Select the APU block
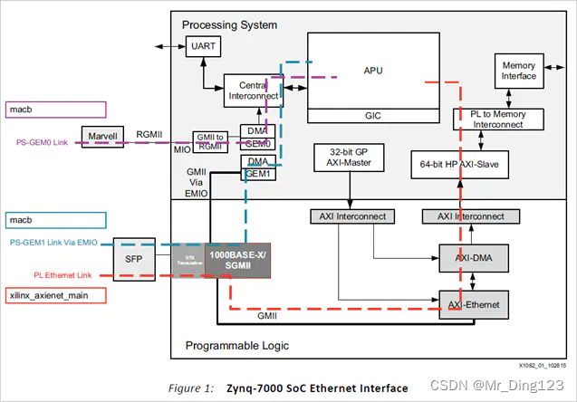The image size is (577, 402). click(372, 68)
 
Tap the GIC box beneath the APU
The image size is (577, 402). click(372, 115)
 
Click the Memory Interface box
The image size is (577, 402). click(519, 71)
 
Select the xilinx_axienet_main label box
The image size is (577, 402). click(55, 295)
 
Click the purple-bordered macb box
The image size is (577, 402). click(55, 109)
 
